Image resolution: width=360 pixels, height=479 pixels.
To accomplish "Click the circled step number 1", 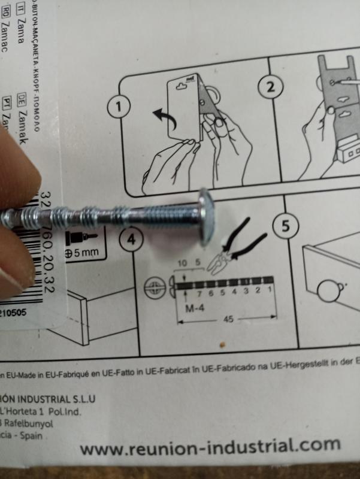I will click(119, 107).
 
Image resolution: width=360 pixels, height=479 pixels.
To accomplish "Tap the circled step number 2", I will click(271, 86).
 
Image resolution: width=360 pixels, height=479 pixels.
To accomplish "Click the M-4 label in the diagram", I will click(196, 309).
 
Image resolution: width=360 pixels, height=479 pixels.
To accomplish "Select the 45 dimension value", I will click(227, 319).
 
